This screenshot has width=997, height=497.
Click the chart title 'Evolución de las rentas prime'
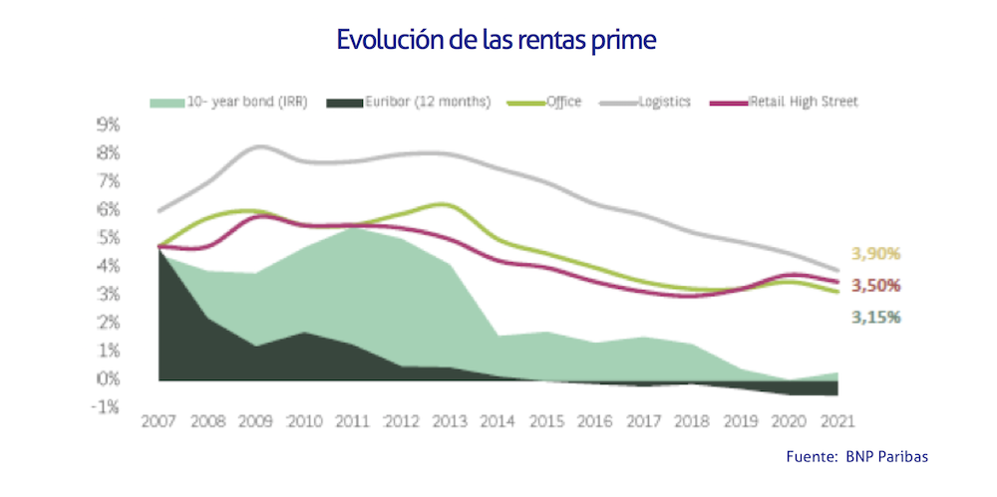(498, 40)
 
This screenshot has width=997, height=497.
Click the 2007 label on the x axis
(161, 422)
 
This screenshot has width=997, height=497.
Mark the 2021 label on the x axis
(834, 422)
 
